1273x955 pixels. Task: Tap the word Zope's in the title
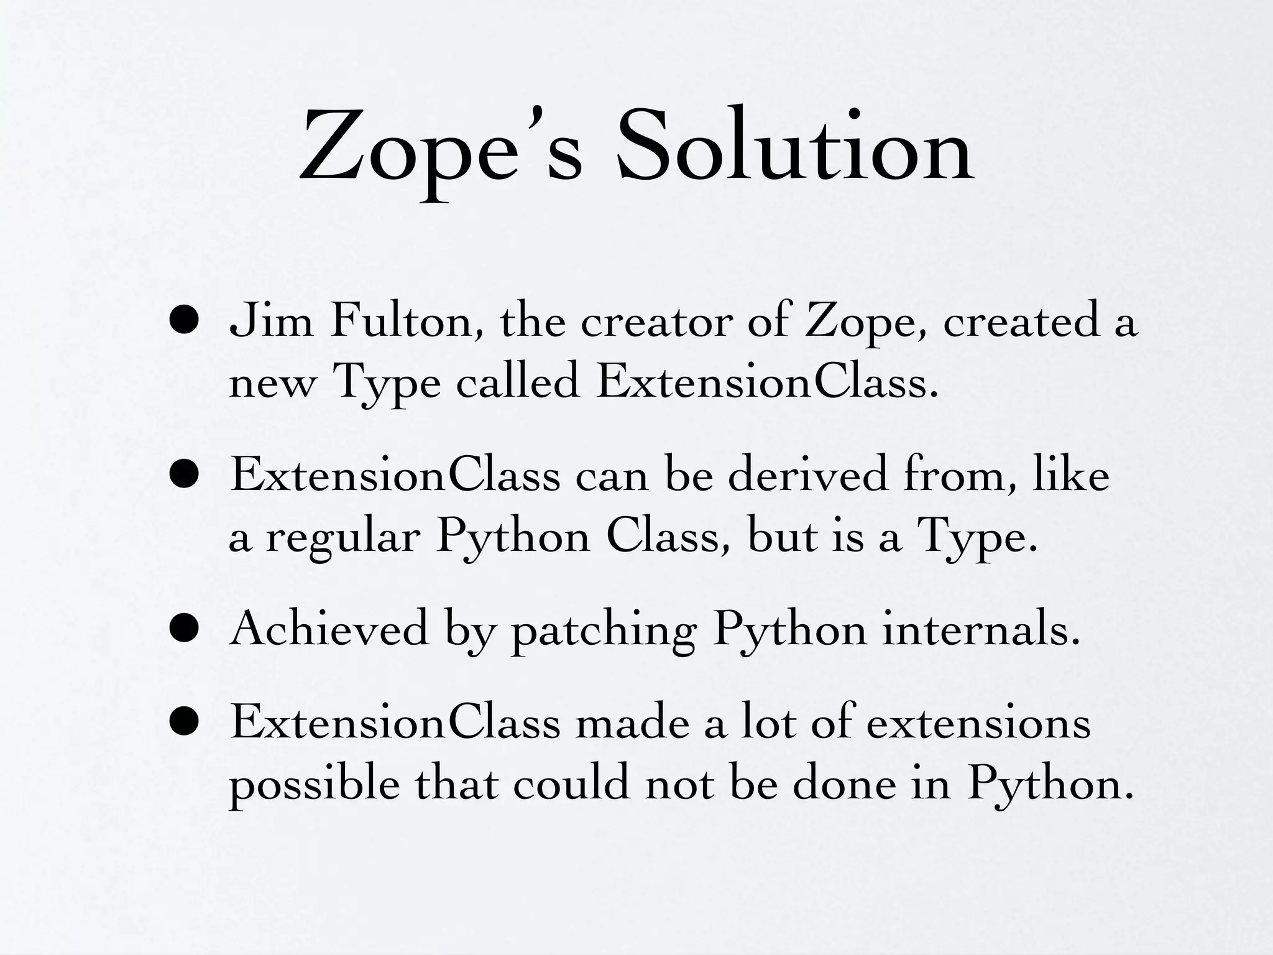(441, 152)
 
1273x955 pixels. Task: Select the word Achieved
(329, 629)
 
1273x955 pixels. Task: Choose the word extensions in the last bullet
(978, 724)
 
